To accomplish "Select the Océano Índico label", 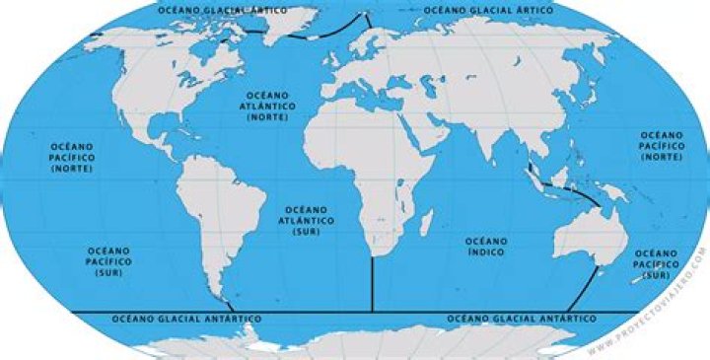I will pyautogui.click(x=486, y=247).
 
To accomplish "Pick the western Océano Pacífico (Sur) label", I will pyautogui.click(x=108, y=260).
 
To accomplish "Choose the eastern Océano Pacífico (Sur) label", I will pyautogui.click(x=656, y=263).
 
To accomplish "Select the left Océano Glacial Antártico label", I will pyautogui.click(x=187, y=320).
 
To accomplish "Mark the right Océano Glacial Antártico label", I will pyautogui.click(x=522, y=320).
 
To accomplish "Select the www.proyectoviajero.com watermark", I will pyautogui.click(x=647, y=300).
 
